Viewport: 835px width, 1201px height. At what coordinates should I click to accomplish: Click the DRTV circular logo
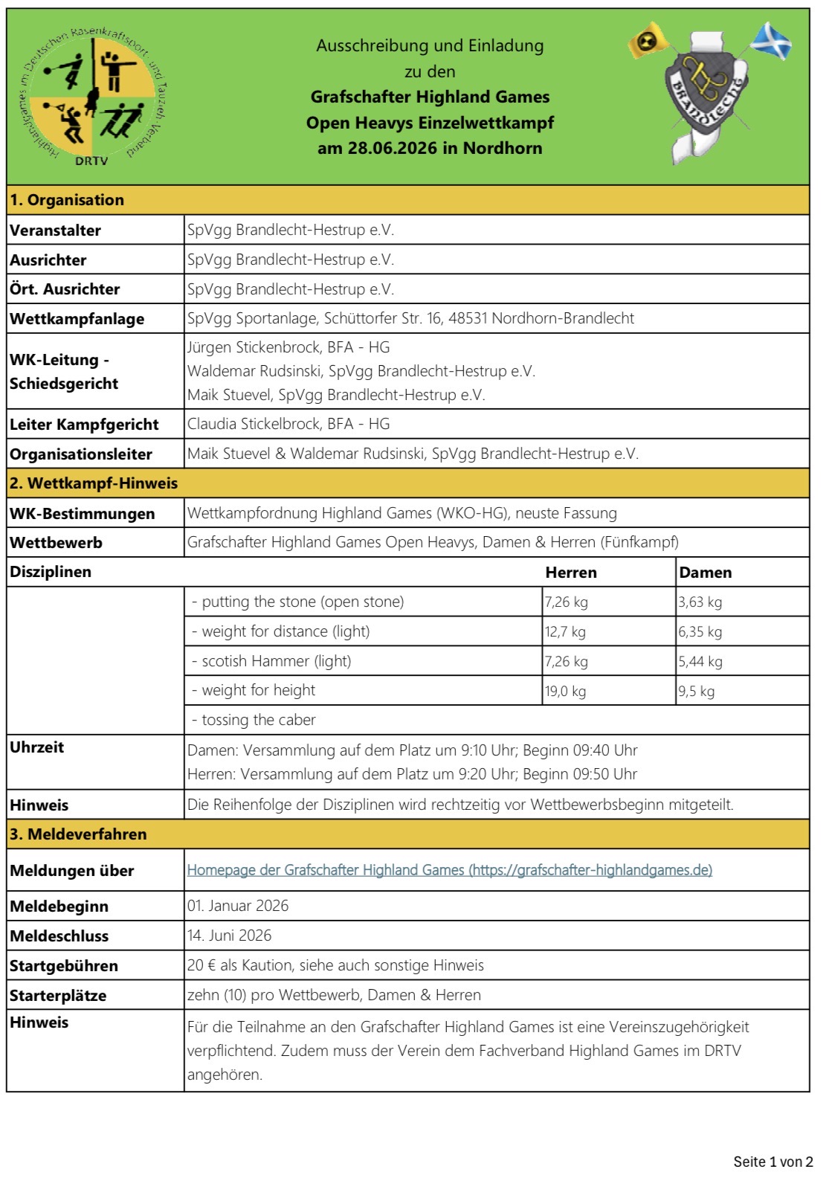tap(93, 97)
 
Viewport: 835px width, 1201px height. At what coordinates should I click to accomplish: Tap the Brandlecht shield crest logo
tap(706, 95)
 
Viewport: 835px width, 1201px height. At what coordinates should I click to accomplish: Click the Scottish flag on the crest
tap(771, 42)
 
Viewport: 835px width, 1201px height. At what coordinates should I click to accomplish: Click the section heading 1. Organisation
tap(67, 200)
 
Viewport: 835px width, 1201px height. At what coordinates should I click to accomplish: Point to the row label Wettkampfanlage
tap(77, 319)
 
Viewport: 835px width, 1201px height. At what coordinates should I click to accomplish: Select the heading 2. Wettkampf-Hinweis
tap(94, 483)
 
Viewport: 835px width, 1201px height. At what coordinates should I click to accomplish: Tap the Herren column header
tap(571, 573)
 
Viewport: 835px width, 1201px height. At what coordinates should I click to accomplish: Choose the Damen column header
tap(706, 573)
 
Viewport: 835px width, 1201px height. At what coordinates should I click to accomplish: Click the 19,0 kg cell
tap(566, 691)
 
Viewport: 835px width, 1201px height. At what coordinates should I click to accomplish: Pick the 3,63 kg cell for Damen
tap(700, 602)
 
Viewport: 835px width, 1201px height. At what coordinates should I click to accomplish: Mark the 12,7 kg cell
tap(565, 632)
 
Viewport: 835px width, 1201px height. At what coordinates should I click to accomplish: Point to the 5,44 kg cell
tap(700, 661)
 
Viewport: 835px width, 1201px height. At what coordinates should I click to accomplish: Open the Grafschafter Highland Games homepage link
tap(449, 870)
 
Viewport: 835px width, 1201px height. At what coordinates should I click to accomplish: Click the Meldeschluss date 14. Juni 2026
tap(230, 936)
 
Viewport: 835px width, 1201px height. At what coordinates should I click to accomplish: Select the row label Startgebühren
tap(64, 966)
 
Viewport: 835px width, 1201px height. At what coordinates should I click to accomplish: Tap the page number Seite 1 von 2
tap(773, 1162)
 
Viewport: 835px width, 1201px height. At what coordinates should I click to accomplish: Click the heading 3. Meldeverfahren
tap(78, 834)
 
